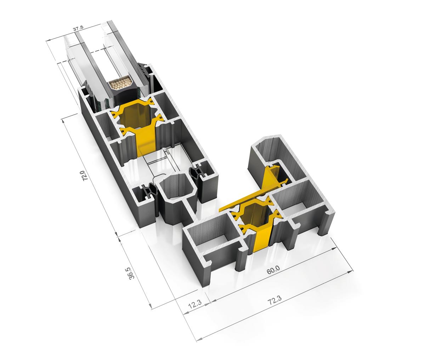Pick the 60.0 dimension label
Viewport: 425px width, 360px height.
point(273,270)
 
